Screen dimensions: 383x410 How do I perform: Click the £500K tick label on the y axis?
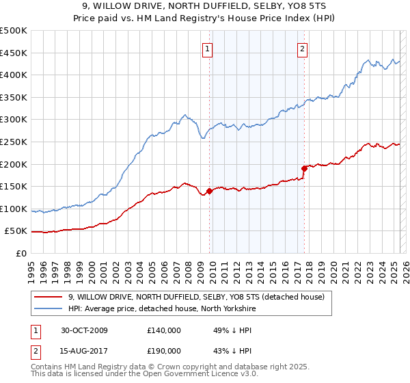pyautogui.click(x=14, y=31)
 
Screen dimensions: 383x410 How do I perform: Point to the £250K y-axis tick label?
pyautogui.click(x=14, y=142)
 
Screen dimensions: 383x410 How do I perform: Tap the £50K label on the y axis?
pyautogui.click(x=16, y=231)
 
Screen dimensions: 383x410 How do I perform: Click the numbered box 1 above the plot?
pyautogui.click(x=207, y=49)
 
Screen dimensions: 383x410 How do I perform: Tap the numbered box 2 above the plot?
pyautogui.click(x=302, y=49)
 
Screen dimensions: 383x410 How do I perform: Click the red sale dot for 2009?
pyautogui.click(x=209, y=191)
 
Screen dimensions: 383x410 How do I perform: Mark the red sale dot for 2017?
pyautogui.click(x=304, y=168)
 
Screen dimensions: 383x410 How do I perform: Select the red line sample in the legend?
pyautogui.click(x=49, y=296)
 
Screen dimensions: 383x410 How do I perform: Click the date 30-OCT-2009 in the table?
pyautogui.click(x=85, y=330)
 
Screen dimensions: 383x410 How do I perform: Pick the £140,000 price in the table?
pyautogui.click(x=164, y=330)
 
